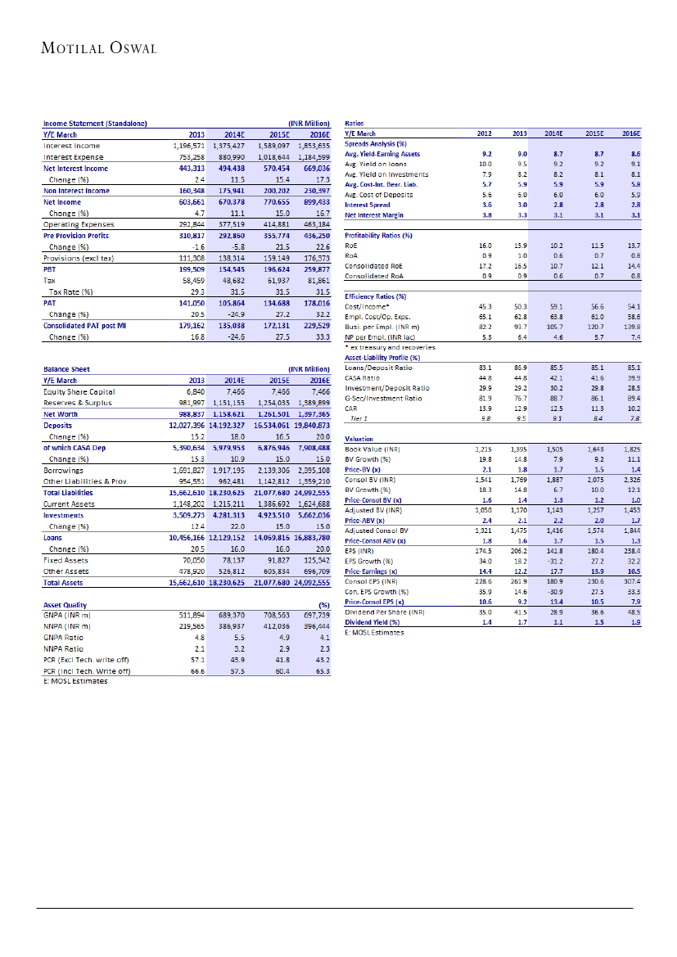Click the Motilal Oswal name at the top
(98, 48)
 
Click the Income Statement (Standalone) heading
(95, 124)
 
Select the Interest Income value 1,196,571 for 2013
(186, 145)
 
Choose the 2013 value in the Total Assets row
(186, 582)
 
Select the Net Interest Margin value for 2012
(486, 214)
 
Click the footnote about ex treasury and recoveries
(390, 347)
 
